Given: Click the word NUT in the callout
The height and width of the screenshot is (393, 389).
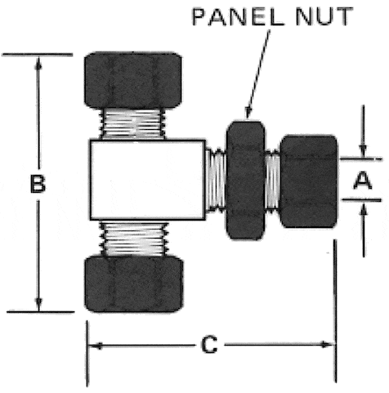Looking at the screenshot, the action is click(324, 16).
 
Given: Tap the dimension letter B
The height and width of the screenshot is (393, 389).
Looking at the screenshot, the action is click(38, 184).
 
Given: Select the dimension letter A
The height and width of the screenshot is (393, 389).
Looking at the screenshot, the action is click(363, 181).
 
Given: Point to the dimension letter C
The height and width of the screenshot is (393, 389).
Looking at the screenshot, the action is click(209, 345).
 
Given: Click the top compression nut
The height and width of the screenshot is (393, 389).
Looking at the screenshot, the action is click(133, 80).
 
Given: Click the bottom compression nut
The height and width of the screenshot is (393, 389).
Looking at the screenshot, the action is click(134, 284).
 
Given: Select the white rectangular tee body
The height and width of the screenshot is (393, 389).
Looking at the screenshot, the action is click(148, 180).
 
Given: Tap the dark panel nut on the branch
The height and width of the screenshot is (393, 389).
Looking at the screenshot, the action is click(245, 180).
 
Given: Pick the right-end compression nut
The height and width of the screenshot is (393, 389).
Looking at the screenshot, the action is click(309, 181).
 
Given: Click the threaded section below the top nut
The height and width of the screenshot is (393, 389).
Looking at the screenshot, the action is click(133, 124).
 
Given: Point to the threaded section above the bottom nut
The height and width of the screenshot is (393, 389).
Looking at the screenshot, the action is click(134, 239).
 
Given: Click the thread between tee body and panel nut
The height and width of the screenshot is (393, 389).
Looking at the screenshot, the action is click(216, 180).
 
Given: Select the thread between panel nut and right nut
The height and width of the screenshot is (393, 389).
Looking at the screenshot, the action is click(272, 181).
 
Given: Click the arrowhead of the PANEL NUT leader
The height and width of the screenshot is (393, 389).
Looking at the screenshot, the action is click(248, 113).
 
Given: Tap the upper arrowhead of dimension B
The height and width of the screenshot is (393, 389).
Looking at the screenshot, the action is click(39, 63).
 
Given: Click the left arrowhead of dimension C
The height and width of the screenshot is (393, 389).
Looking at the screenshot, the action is click(96, 346).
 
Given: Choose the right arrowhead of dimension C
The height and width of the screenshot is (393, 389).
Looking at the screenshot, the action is click(327, 345).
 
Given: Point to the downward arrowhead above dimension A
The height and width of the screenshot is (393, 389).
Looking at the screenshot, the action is click(363, 151).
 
